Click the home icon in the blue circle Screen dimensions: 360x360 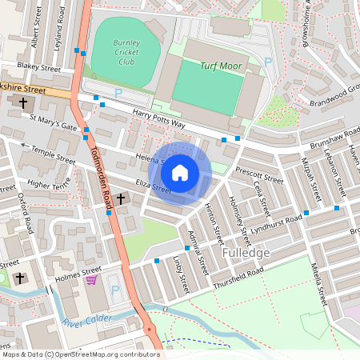tap(180, 173)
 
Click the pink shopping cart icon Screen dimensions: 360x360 tap(92, 279)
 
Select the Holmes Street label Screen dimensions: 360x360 tap(78, 274)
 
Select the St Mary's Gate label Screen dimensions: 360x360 tap(54, 126)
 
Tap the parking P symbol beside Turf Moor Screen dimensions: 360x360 tap(268, 62)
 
